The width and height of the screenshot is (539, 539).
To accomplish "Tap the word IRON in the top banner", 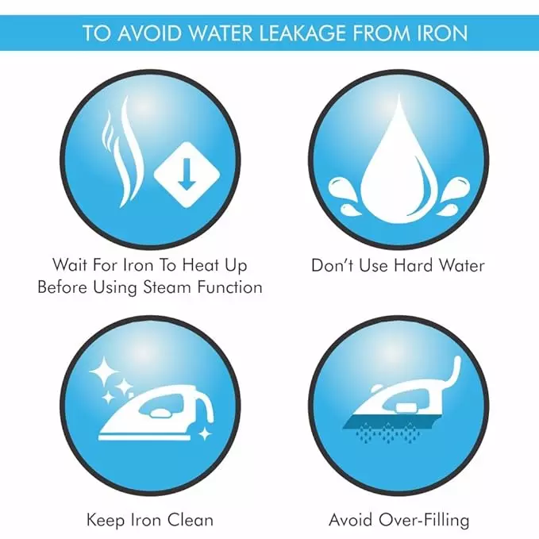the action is pos(443,33).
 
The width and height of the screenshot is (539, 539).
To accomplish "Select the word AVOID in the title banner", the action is pos(148,33).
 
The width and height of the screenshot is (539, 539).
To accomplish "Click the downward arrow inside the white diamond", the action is pos(187,175).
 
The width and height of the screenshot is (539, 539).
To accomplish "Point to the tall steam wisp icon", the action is pos(130,152).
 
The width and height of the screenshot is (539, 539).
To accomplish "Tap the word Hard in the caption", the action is pos(414,266).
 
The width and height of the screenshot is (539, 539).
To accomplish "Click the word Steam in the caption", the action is pos(167,287).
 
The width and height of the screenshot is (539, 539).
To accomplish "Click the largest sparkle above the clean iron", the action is pos(103,372).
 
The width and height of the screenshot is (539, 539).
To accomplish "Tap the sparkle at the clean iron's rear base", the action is pos(206,433).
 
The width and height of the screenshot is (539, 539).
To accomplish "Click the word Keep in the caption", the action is pos(106,520).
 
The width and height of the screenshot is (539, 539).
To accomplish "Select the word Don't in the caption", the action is pos(332,266).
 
